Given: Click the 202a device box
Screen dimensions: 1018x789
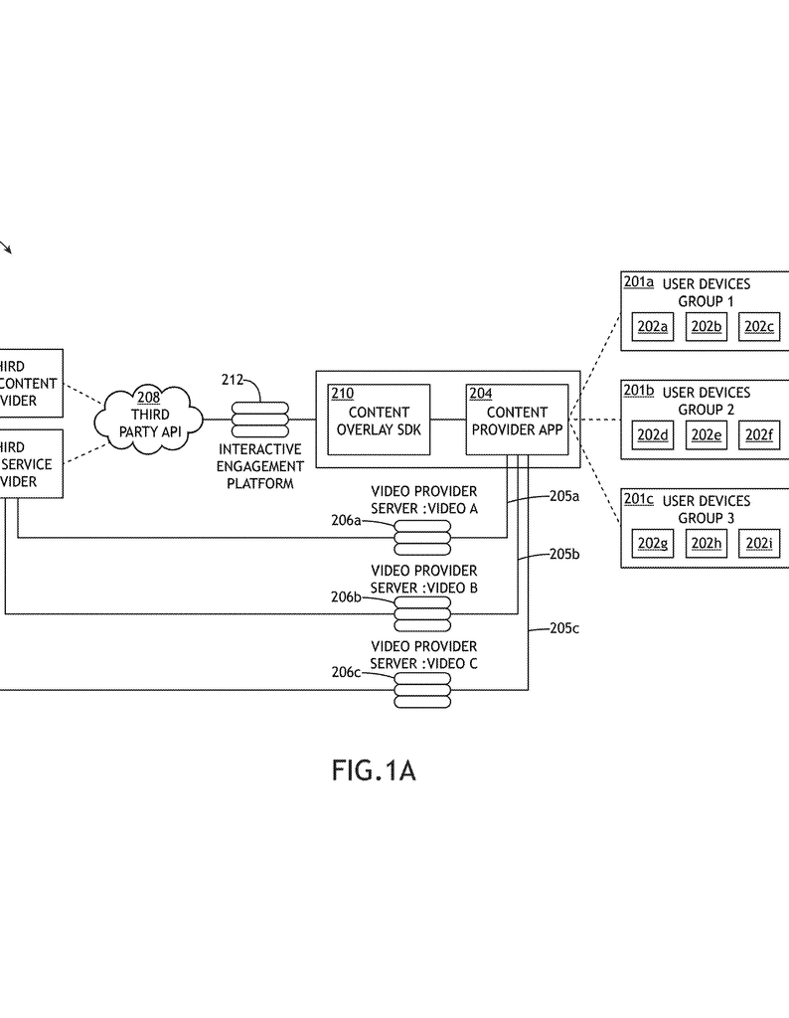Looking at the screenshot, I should coord(653,327).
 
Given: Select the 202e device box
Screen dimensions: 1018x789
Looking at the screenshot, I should coord(706,435).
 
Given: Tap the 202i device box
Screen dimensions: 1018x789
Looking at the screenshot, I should coord(759,544).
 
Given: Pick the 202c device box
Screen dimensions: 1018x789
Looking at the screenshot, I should coord(759,327).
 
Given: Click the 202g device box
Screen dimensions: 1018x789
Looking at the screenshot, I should coord(653,544).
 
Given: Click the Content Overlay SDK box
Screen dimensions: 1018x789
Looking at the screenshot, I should coord(379,420).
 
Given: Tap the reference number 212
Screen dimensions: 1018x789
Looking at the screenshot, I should coord(233,379).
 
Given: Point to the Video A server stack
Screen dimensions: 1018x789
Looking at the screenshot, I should coord(422,536).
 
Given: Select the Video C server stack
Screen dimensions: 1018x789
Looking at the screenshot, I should coord(422,688).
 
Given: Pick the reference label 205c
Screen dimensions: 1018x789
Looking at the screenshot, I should coord(564,627).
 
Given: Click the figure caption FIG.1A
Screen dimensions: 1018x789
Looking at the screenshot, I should coord(374,770).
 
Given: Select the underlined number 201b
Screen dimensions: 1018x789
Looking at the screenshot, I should coord(639,392).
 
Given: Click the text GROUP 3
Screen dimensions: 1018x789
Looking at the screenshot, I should coord(707,518).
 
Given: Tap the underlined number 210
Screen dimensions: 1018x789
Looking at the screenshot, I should coord(342,394).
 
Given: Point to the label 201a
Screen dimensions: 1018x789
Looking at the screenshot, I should coord(639,283).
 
